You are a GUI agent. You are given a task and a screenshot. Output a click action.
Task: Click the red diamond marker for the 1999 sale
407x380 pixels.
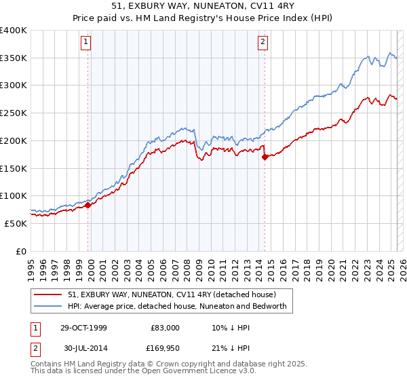pyautogui.click(x=88, y=205)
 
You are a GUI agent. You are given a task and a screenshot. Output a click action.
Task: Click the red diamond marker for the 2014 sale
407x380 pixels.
pyautogui.click(x=265, y=157)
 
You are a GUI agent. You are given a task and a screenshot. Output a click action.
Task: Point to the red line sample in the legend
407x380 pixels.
pyautogui.click(x=48, y=295)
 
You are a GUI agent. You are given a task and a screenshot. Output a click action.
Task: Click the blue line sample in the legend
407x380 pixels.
pyautogui.click(x=48, y=307)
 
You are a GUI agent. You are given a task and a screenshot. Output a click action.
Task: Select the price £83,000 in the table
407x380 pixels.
pyautogui.click(x=164, y=328)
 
